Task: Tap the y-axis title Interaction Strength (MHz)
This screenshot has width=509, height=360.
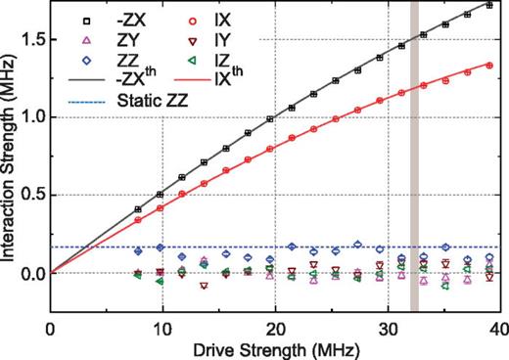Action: pos(11,156)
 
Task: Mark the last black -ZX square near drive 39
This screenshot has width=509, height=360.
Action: pos(488,6)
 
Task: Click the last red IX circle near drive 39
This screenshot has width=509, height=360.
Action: pos(488,66)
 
